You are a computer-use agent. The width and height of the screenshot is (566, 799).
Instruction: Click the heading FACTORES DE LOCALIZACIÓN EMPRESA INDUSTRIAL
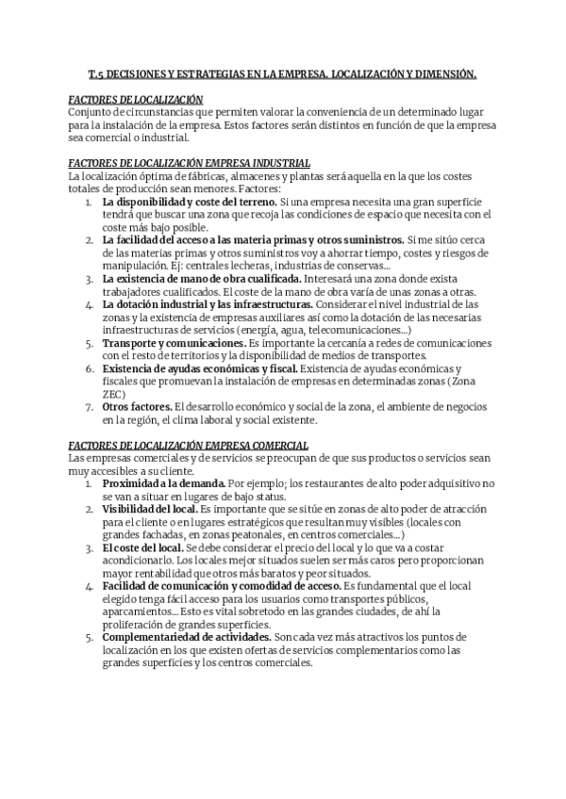click(190, 163)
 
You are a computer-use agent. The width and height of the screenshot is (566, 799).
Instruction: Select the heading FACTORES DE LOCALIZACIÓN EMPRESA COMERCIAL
click(190, 445)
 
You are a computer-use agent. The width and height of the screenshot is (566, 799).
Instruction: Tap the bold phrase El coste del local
click(143, 547)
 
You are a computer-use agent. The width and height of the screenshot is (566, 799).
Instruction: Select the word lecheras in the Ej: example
click(258, 267)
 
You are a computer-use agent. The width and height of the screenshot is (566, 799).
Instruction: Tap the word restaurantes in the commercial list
click(315, 483)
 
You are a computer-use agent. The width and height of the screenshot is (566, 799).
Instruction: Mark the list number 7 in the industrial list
click(89, 407)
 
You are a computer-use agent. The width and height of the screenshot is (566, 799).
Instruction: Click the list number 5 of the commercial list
click(89, 637)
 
